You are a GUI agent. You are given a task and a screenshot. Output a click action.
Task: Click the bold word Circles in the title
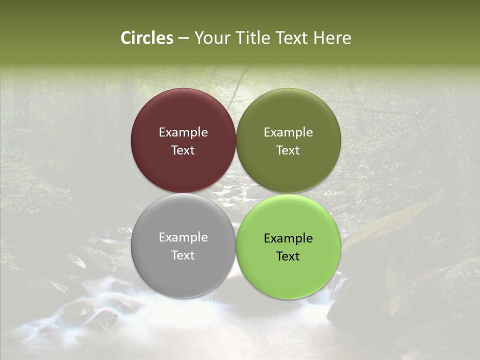tap(147, 38)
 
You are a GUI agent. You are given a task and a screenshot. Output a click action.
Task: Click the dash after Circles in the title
tap(183, 38)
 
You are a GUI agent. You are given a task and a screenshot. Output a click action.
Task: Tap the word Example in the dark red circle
tap(183, 132)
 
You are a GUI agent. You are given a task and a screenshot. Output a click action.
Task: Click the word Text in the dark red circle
tap(183, 150)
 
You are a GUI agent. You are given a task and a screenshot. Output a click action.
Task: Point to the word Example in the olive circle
tap(288, 132)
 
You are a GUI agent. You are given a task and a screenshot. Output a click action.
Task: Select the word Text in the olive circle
tap(288, 150)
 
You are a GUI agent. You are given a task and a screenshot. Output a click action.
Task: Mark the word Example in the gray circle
tap(183, 237)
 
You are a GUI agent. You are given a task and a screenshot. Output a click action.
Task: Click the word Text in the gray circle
tap(183, 255)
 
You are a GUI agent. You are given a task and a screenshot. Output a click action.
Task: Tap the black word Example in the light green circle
tap(288, 238)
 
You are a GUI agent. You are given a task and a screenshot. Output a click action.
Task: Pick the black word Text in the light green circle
tap(288, 256)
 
